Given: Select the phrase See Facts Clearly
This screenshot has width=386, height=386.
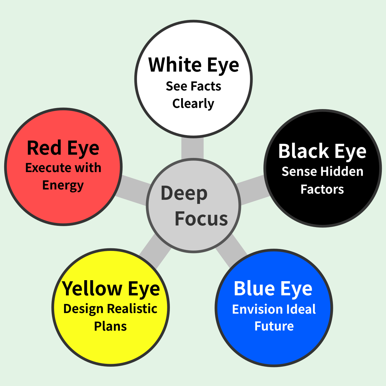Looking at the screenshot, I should [x=193, y=95].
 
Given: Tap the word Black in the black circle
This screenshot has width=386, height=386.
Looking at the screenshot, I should [x=303, y=151].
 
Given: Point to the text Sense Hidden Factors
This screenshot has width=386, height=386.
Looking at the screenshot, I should [x=322, y=180].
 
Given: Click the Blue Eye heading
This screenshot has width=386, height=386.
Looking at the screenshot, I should [x=273, y=289].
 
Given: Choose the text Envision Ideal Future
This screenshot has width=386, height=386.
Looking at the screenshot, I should [x=274, y=317].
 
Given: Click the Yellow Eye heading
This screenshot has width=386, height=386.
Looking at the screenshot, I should [x=111, y=289].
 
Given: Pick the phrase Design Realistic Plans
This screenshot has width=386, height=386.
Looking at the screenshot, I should [x=110, y=317].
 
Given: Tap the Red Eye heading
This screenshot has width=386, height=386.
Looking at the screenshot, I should [x=63, y=148].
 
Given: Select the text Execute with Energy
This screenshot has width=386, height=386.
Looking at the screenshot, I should [x=63, y=176].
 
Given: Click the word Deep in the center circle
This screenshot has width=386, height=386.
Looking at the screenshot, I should [x=184, y=193].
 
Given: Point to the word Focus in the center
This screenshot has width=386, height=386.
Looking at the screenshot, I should [x=201, y=219].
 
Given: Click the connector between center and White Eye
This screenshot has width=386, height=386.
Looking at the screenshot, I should [x=192, y=148].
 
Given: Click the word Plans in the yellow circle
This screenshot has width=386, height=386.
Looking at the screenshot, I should [x=110, y=326].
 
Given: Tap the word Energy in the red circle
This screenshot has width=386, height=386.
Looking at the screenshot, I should [x=63, y=185].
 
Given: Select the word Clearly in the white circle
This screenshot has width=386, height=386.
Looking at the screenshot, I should [x=193, y=104].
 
